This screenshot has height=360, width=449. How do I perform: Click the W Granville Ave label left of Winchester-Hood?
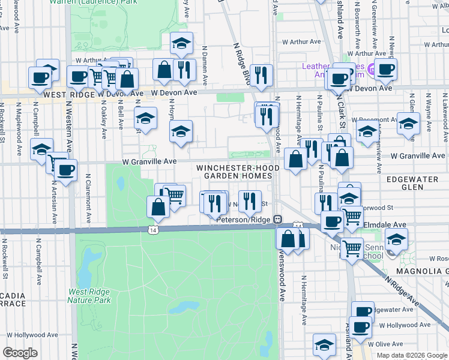[x=149, y=161]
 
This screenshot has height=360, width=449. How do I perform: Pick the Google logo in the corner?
[x=20, y=353]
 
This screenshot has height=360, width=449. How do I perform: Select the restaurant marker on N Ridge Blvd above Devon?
[x=261, y=76]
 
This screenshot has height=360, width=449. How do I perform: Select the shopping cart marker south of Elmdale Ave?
[x=352, y=247]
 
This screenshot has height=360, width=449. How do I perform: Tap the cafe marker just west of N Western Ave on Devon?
[x=40, y=77]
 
